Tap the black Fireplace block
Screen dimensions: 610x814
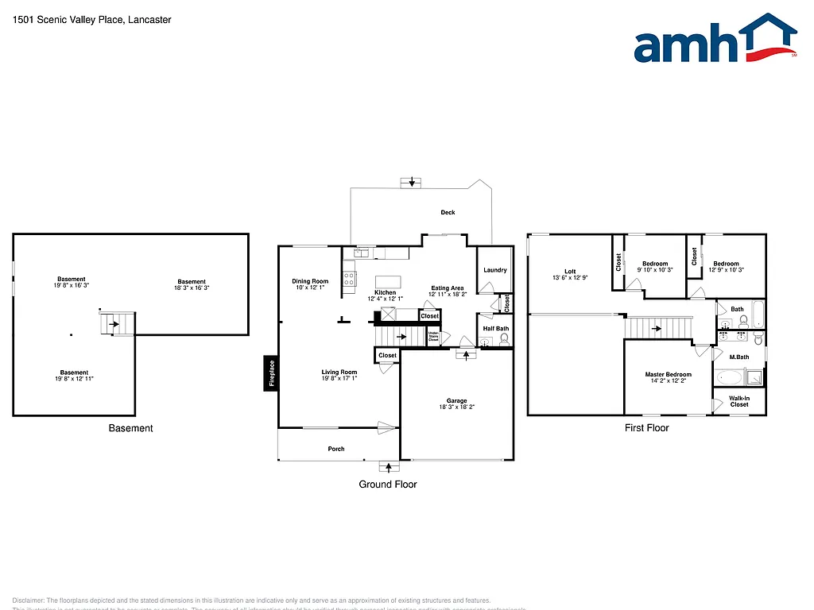tap(271, 373)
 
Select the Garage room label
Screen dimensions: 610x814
tap(456, 401)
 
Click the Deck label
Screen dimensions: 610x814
tap(448, 212)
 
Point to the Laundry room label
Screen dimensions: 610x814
tap(494, 270)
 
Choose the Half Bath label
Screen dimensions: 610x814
tap(495, 329)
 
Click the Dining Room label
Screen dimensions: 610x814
tap(310, 281)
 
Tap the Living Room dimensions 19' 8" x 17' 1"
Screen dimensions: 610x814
tap(339, 379)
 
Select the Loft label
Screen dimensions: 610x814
tap(570, 272)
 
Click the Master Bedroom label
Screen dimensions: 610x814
tap(668, 374)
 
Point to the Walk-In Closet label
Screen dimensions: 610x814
tap(739, 401)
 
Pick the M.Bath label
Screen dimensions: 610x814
tap(739, 357)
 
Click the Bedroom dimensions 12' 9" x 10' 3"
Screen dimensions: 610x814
tap(725, 270)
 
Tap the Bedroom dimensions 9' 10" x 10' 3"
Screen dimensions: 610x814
tap(655, 270)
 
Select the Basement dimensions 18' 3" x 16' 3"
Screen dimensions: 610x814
tap(192, 288)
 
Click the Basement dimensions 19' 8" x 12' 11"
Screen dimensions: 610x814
tap(74, 379)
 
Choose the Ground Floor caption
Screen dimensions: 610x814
tap(388, 484)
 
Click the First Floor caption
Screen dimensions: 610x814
tap(646, 427)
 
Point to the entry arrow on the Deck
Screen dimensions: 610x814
tap(411, 182)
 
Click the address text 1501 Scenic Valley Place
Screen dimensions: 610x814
tap(68, 20)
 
